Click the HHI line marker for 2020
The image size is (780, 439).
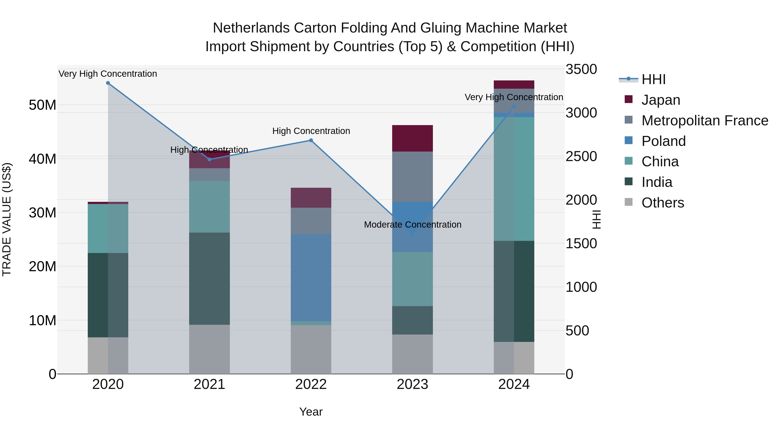[x=108, y=83]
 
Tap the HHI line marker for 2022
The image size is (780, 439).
[x=311, y=140]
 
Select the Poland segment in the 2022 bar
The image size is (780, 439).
[x=311, y=277]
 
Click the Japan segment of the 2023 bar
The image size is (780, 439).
[x=412, y=138]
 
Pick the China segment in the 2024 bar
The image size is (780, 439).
[x=514, y=179]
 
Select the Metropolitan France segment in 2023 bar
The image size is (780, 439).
[x=412, y=177]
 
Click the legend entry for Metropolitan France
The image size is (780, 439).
[x=705, y=121]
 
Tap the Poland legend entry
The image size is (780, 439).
[x=663, y=141]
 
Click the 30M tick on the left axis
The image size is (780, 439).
[x=42, y=213]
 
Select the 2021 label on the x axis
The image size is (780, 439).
[x=209, y=384]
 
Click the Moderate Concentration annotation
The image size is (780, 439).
[x=412, y=225]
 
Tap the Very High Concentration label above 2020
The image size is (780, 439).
[x=108, y=74]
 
